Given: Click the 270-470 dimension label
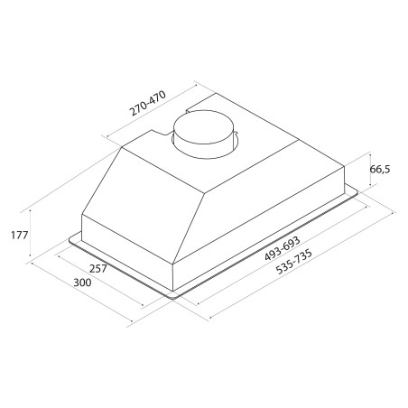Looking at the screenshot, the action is (x=147, y=103).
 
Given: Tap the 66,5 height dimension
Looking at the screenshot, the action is (x=379, y=170).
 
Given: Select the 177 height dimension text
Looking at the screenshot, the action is (x=20, y=235).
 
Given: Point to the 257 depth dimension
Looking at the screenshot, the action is (x=98, y=268).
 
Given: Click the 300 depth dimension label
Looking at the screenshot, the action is (x=82, y=283).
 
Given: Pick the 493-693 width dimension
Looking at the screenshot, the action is (x=283, y=248).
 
